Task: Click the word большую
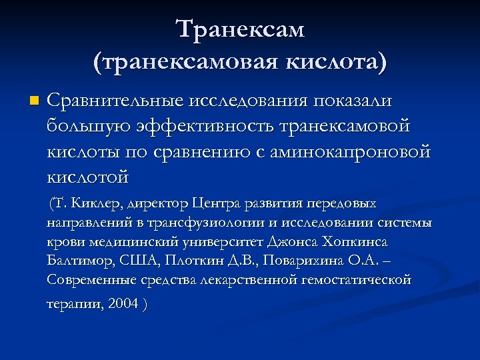coord(87,126)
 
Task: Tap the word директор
coord(153,203)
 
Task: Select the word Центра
coord(216,203)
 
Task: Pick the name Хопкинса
coord(354,241)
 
